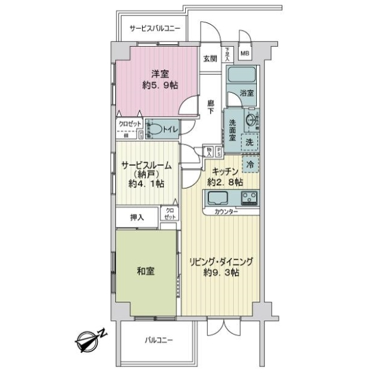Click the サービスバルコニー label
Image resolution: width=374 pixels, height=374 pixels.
coord(155,29)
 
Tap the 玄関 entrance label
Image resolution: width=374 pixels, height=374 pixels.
coord(209,59)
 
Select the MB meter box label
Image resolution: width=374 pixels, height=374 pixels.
coord(245,53)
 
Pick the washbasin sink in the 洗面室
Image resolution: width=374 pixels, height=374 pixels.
coord(252,120)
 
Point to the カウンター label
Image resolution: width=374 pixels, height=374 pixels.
coord(226,213)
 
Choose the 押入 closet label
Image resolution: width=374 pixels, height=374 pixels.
coord(137,218)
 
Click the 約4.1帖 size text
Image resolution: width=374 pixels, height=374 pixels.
coord(146,184)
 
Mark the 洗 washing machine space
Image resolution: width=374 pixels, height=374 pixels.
coord(249,142)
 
